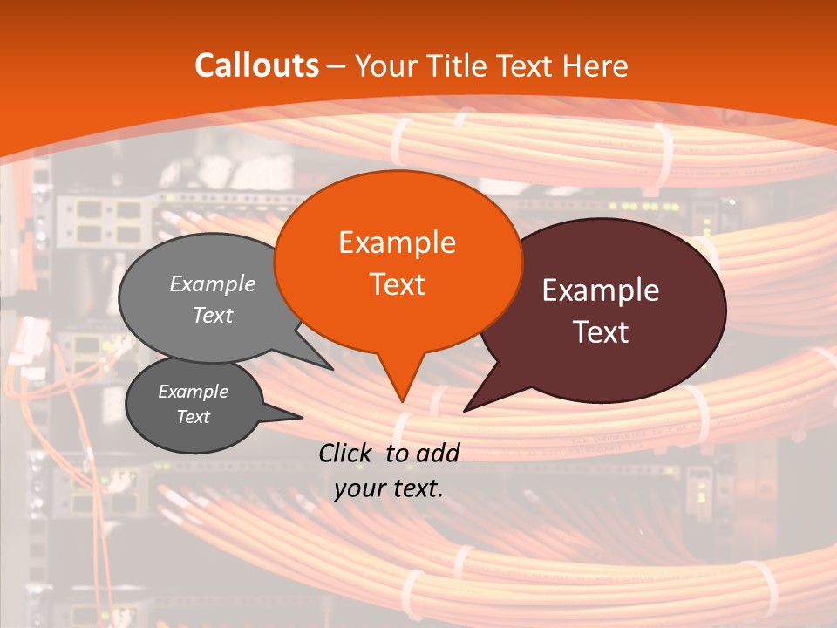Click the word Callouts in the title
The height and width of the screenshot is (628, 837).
coord(256,65)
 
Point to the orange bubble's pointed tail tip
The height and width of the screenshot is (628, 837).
coord(402,401)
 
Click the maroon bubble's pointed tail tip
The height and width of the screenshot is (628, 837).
coord(465,411)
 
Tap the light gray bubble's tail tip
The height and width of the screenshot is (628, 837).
coord(333,370)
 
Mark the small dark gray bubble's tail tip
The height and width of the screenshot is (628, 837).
coord(302,417)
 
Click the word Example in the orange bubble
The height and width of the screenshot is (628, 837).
coord(397,242)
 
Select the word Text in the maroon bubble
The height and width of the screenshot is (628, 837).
coord(601,332)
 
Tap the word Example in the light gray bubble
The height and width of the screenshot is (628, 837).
coord(213,284)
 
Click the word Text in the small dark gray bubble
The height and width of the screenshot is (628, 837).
coord(194,417)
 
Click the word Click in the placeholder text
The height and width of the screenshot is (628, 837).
coord(346,453)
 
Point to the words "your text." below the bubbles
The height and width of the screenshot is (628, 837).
coord(389,488)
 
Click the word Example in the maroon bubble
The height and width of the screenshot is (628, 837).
coord(601,290)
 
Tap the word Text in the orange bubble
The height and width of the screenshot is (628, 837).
coord(397,284)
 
